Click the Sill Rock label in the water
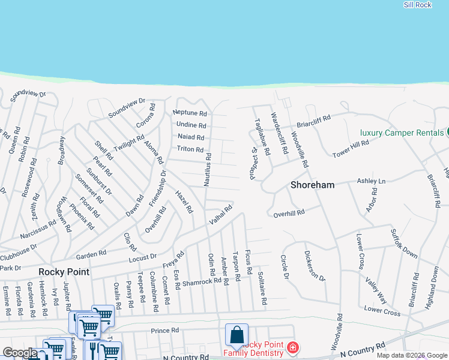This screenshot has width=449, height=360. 418,5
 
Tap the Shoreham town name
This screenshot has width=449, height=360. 312,185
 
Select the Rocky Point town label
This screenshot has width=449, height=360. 64,272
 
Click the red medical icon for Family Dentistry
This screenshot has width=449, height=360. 292,347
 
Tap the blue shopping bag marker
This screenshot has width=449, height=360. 237,335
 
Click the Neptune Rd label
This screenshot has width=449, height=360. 190,113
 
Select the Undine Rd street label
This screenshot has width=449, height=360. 191,125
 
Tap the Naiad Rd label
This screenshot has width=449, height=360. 191,137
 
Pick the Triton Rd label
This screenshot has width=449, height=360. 191,149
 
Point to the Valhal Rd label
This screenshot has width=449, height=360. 220,216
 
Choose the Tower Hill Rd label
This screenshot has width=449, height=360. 351,150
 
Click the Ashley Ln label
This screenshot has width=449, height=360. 371,181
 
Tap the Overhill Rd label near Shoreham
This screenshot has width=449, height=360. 289,212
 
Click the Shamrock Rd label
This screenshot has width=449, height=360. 202,281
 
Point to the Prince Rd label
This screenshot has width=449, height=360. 165,331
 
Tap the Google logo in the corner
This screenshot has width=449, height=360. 19,353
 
